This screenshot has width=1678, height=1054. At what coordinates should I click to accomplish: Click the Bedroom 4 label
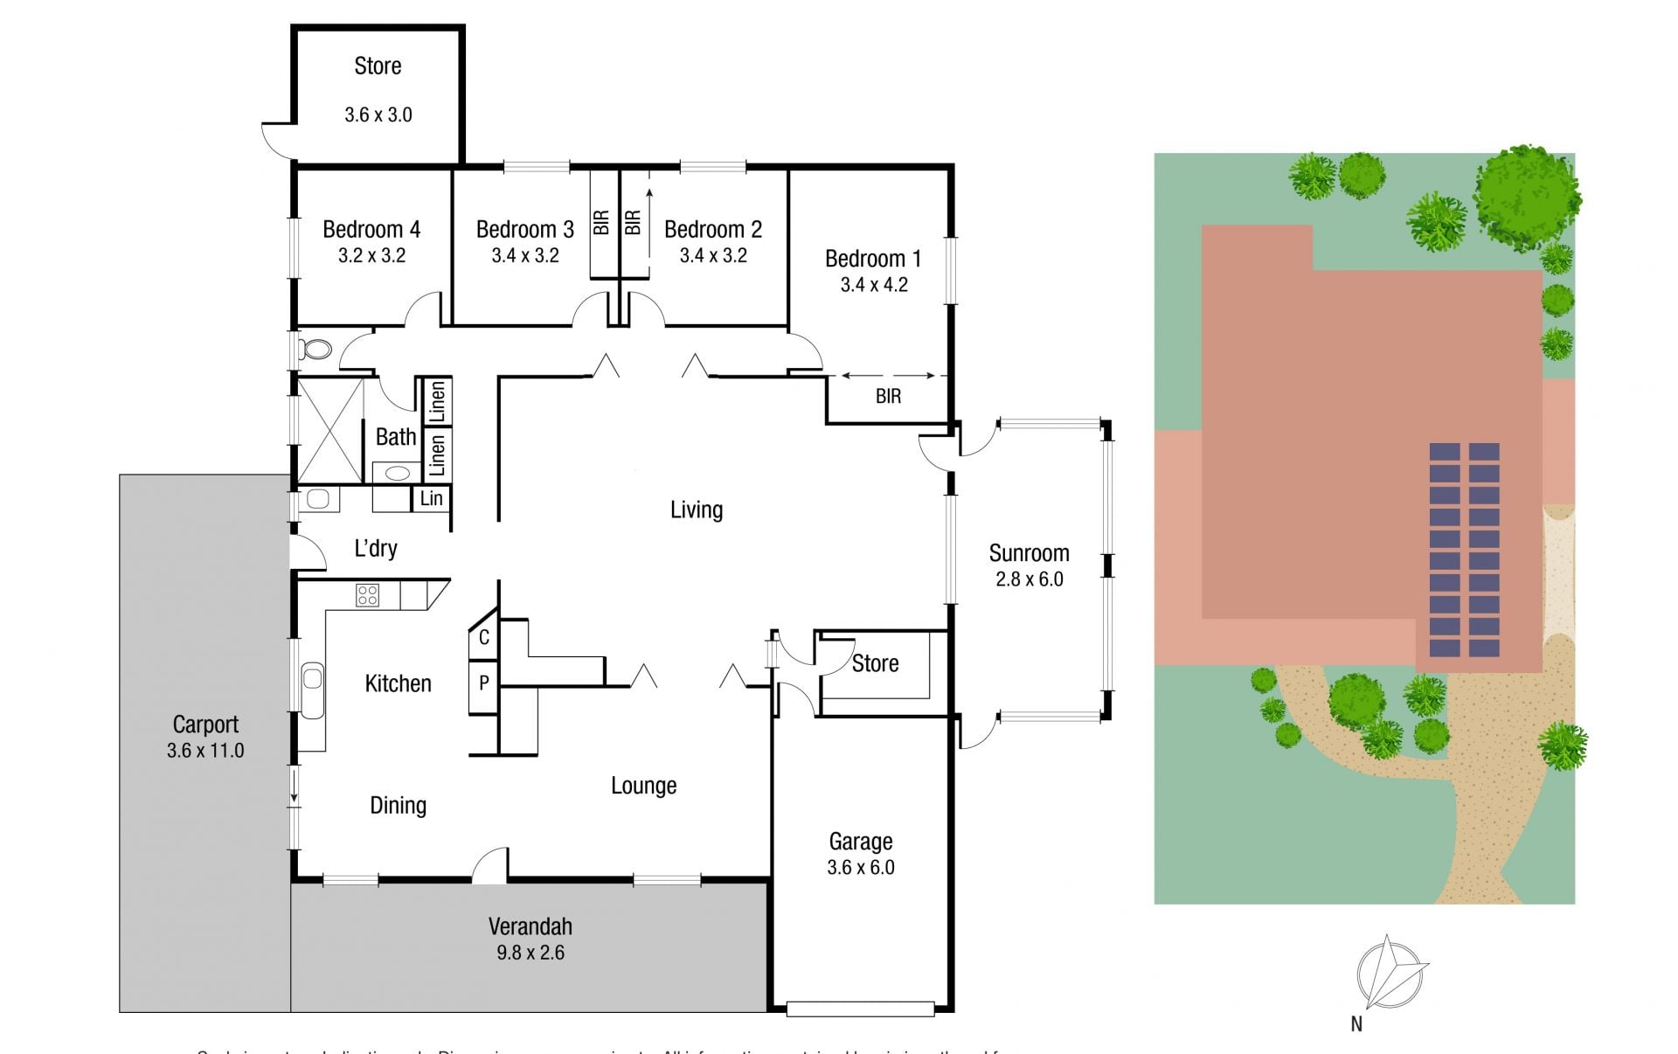tap(371, 230)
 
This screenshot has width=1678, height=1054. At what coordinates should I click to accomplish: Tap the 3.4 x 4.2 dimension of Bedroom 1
tap(874, 285)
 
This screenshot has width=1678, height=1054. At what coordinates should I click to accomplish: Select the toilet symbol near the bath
tap(315, 350)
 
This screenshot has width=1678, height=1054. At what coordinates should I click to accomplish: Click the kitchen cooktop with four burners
tap(367, 596)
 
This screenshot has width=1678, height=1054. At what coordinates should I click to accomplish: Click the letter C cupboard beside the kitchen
tap(483, 638)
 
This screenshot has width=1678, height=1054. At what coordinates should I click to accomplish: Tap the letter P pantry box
tap(483, 683)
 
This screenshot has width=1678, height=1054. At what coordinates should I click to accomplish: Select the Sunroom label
tap(1029, 553)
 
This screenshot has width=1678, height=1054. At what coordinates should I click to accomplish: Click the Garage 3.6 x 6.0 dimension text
tap(861, 868)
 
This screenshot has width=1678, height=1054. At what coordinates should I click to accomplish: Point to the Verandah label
tap(530, 926)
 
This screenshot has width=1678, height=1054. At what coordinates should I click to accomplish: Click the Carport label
tap(205, 725)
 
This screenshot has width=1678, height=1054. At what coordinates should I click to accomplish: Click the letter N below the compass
tap(1356, 1024)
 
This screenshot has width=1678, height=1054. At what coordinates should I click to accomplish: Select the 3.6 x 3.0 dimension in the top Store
tap(378, 115)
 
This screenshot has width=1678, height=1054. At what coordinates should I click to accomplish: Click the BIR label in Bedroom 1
tap(888, 397)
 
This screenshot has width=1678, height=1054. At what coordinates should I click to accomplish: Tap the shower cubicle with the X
tap(329, 430)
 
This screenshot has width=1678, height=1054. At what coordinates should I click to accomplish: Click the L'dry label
tap(376, 549)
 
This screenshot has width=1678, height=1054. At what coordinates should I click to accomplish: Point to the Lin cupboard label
tap(432, 499)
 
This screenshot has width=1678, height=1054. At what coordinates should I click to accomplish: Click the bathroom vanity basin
tap(397, 474)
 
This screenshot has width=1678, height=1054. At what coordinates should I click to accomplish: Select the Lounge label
tap(643, 786)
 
